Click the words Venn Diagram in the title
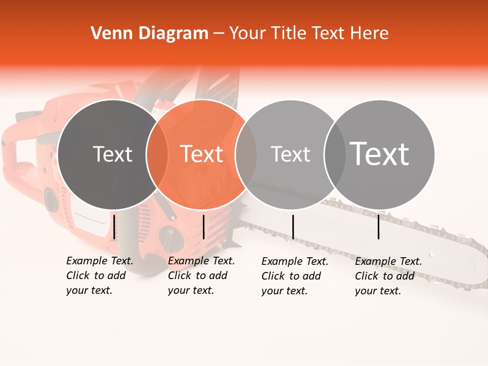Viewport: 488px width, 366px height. [149, 34]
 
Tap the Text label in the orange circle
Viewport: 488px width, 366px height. [202, 154]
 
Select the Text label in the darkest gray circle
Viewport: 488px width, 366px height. [112, 154]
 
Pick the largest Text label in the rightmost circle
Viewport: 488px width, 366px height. [380, 154]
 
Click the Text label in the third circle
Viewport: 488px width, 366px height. [290, 154]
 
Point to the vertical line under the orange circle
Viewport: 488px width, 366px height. [203, 227]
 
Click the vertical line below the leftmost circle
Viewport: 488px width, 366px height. [114, 227]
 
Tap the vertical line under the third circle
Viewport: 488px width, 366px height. [293, 227]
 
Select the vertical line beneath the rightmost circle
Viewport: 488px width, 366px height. [378, 227]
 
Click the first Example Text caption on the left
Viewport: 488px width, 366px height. [100, 276]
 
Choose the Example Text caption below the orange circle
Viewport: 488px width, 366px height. [201, 276]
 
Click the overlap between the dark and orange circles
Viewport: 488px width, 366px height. [157, 155]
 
